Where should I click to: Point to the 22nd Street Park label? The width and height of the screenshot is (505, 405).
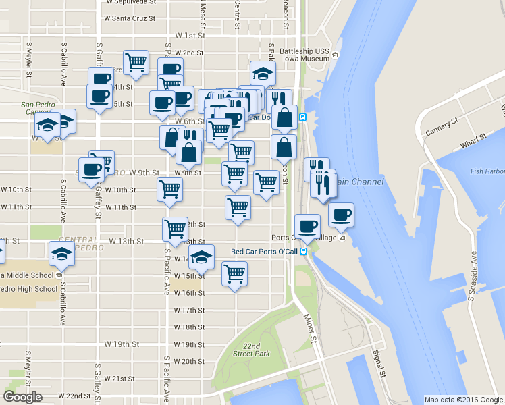(251, 350)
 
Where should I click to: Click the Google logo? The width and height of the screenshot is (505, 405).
(22, 397)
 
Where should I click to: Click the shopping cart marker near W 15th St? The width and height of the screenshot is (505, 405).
(234, 273)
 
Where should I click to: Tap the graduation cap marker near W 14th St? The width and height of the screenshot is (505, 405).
(201, 256)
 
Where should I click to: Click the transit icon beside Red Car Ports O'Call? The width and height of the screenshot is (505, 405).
(304, 252)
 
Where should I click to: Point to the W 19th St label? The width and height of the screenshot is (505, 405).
(121, 344)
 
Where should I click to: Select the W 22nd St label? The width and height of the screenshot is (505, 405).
(74, 396)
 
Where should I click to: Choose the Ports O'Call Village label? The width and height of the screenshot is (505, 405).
(304, 238)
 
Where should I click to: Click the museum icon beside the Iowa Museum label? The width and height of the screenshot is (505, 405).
(336, 55)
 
